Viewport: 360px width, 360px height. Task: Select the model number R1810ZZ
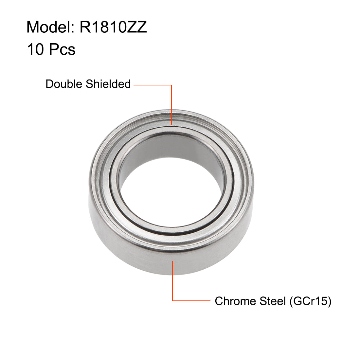tap(113, 27)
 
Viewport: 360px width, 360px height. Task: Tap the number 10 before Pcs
tap(35, 49)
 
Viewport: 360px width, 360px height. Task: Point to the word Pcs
tap(62, 49)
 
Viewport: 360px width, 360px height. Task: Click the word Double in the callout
tap(64, 84)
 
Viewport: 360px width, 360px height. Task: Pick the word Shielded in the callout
tap(108, 84)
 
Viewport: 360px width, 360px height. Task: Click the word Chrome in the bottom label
tap(235, 301)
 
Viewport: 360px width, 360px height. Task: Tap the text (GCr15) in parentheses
tap(310, 301)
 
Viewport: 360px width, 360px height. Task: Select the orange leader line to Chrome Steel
tap(191, 300)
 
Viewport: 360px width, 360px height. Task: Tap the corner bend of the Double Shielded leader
tap(171, 85)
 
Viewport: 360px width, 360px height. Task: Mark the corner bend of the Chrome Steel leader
tap(172, 300)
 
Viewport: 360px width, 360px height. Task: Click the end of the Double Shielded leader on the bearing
tap(171, 124)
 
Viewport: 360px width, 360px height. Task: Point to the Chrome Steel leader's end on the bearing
tap(172, 261)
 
